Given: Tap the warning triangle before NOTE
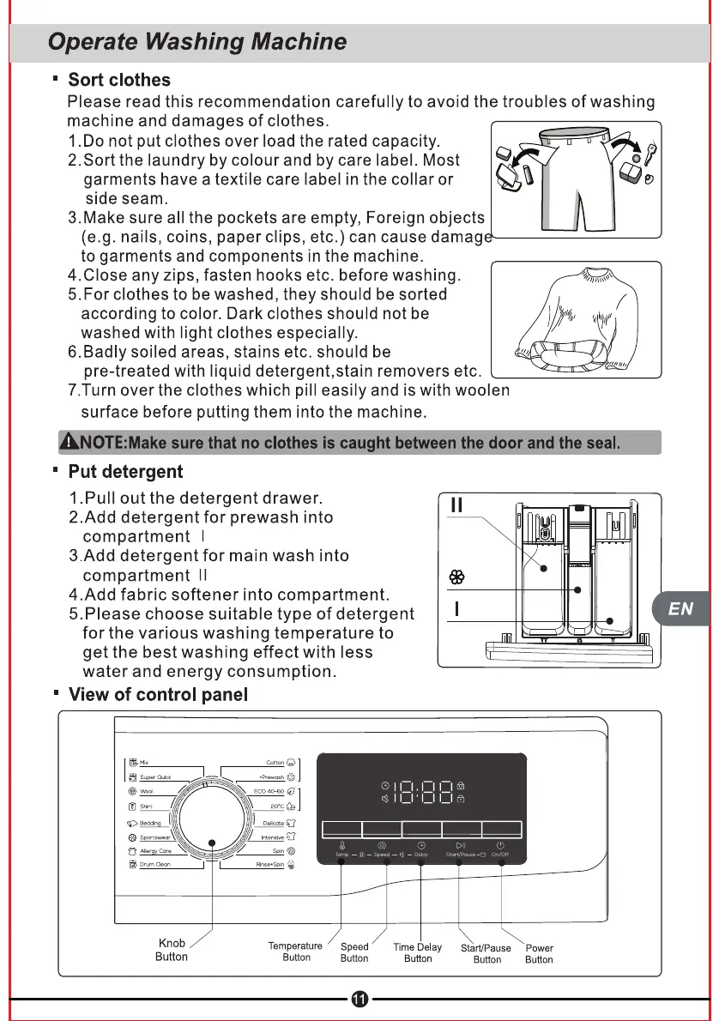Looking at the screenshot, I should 69,443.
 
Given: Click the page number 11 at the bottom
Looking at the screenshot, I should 359,999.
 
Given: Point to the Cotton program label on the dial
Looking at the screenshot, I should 275,762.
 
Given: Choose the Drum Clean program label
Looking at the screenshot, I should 155,864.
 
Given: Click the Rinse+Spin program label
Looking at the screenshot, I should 270,864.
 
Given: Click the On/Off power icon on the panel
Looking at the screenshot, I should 501,845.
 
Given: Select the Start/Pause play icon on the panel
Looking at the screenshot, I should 460,845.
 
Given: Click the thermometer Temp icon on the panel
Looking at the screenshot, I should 341,845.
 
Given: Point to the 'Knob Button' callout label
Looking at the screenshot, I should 172,950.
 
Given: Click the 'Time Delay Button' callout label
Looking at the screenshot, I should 418,952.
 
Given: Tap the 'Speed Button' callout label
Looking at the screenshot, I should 354,952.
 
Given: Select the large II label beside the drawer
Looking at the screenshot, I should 457,505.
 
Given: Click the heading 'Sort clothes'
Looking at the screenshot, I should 119,80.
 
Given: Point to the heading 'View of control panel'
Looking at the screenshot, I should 158,694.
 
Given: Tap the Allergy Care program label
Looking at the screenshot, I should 155,850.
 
